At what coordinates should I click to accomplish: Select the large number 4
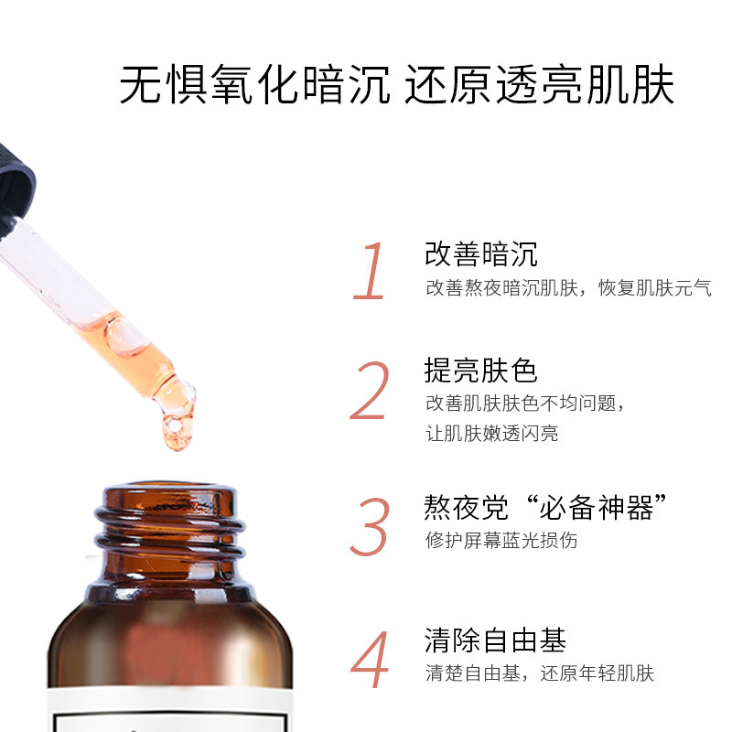tap(371, 660)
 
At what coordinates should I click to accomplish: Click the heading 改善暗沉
tap(481, 253)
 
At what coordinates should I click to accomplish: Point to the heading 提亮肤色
tap(481, 371)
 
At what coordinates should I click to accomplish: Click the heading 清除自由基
tap(495, 639)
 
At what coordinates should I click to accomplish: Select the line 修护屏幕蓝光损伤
tap(501, 540)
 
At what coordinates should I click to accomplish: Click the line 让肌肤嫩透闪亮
tap(491, 434)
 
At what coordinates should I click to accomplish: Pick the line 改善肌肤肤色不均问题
tap(529, 404)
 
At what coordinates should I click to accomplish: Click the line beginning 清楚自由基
tap(540, 674)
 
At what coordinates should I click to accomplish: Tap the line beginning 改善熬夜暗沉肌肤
tap(568, 288)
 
